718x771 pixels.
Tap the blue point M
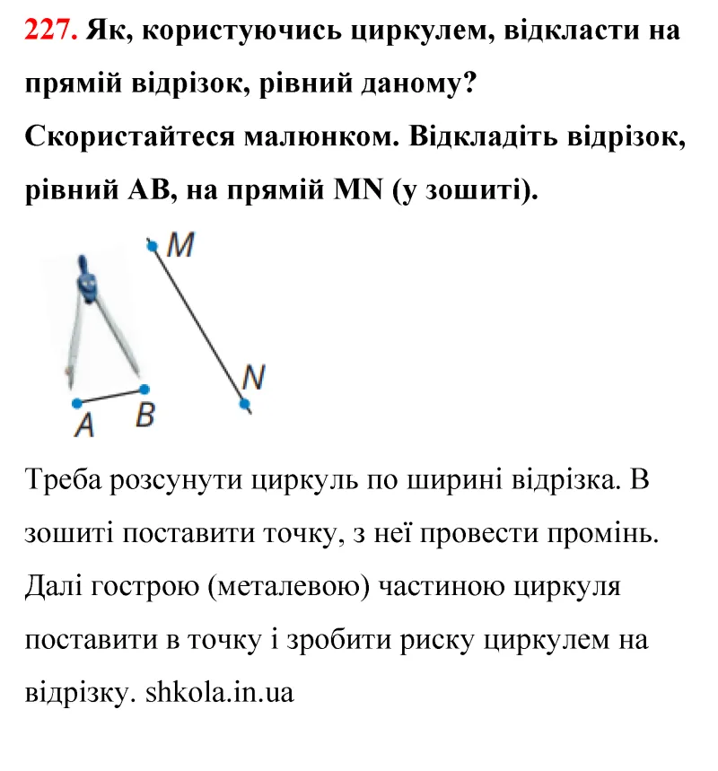point(153,244)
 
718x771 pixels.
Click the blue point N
point(245,404)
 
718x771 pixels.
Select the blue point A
point(76,401)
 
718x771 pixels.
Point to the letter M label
point(181,245)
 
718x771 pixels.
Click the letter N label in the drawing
point(253,379)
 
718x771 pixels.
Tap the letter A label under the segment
point(84,425)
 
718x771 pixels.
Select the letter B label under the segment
point(144,416)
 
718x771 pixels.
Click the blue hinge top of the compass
point(87,281)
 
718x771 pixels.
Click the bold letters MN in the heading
point(355,190)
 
